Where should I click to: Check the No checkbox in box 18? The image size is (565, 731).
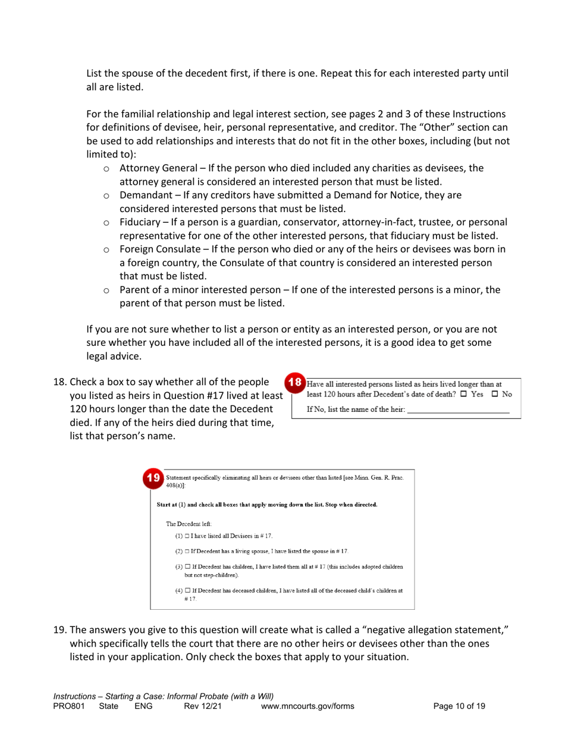[x=494, y=395]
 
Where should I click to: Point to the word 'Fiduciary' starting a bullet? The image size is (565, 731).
[x=140, y=222]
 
